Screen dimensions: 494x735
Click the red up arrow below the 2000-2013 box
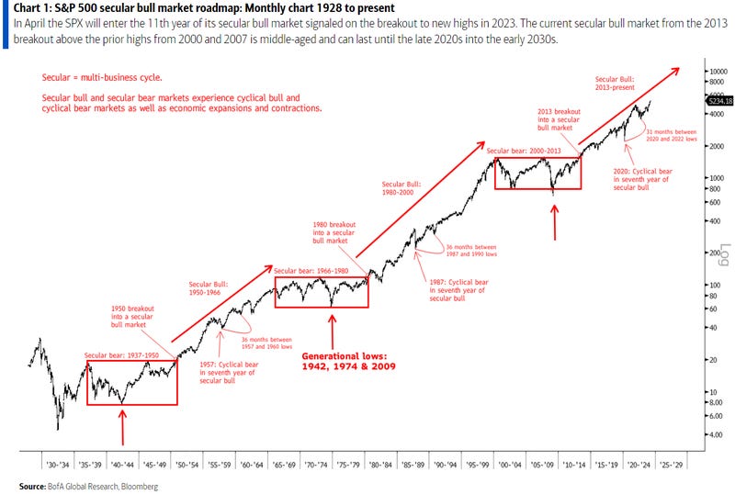(x=553, y=220)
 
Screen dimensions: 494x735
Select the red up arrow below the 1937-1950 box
(x=122, y=428)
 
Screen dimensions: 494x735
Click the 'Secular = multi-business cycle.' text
(x=96, y=78)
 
